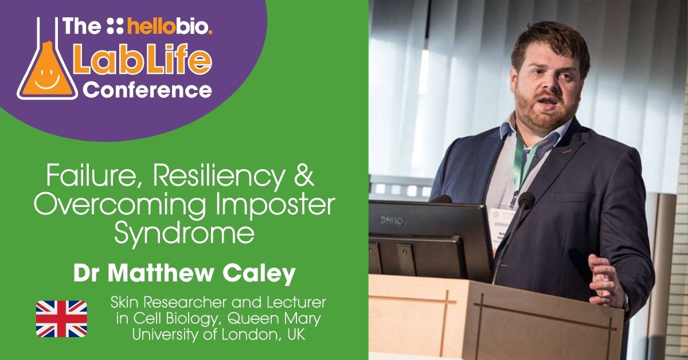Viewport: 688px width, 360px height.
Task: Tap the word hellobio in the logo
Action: coord(170,26)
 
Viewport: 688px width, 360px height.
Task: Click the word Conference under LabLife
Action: coord(148,89)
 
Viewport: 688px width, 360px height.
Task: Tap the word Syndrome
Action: coord(184,232)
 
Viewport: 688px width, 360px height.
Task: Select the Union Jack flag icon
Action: coord(61,319)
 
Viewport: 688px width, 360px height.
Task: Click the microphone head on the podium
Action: coord(526,199)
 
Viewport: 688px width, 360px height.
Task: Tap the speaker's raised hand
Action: coord(604,280)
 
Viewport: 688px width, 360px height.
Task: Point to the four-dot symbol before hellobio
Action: coord(115,26)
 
